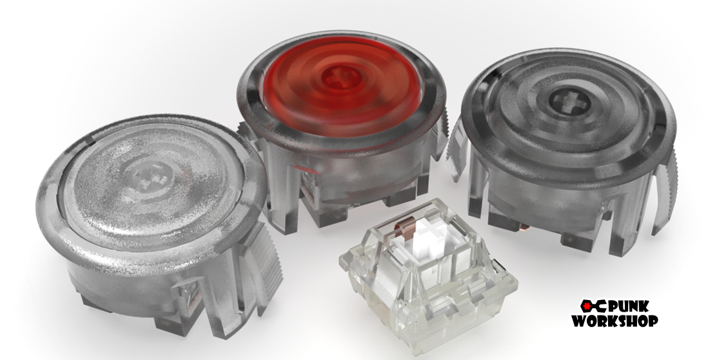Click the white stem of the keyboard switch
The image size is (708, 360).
422,239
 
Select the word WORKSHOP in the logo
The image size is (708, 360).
615,321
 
